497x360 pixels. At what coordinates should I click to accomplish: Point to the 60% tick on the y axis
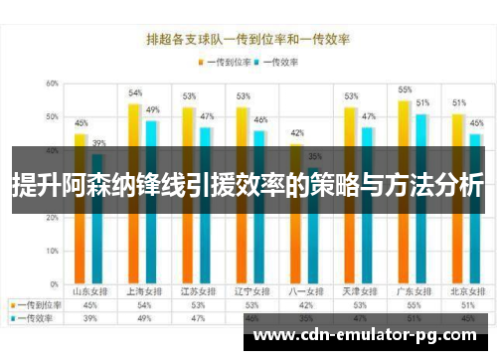[x=51, y=84]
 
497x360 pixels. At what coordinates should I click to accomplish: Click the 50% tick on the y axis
[x=51, y=117]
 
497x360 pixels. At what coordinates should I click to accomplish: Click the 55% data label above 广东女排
[x=405, y=90]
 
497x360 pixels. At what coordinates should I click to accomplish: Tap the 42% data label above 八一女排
[x=296, y=133]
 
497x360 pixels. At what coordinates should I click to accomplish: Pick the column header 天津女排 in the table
[x=352, y=292]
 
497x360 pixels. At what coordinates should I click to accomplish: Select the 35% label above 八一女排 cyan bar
[x=314, y=156]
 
